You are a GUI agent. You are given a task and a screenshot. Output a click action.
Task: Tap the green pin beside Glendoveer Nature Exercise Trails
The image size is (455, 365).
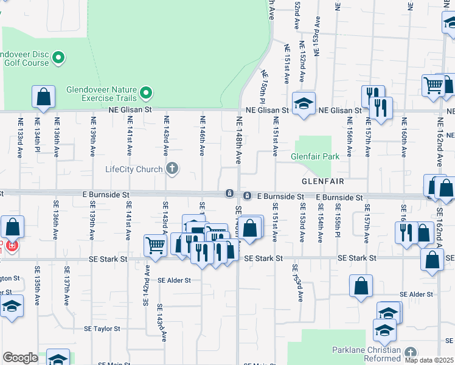[x=145, y=93]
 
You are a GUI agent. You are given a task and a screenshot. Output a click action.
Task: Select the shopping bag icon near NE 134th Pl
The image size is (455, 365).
[x=44, y=96]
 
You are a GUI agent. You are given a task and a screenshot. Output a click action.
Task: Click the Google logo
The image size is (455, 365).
[x=20, y=358]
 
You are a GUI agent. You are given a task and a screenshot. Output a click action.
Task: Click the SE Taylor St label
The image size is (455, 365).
[x=105, y=328]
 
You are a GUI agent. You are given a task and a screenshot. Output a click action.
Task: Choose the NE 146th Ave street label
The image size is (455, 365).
[x=203, y=135]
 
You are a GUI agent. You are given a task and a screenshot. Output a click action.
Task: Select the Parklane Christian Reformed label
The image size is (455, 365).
[x=366, y=354]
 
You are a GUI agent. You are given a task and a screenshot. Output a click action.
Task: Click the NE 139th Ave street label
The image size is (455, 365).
[x=93, y=137]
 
